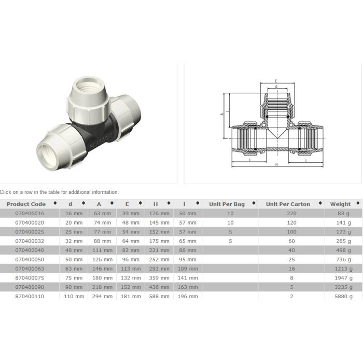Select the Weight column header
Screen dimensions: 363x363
[340, 204]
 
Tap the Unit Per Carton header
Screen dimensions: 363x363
[288, 204]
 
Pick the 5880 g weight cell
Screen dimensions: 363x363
[343, 296]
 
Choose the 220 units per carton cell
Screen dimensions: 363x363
[291, 213]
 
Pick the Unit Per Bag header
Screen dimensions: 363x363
[227, 204]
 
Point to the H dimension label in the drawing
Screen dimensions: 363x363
[276, 164]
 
